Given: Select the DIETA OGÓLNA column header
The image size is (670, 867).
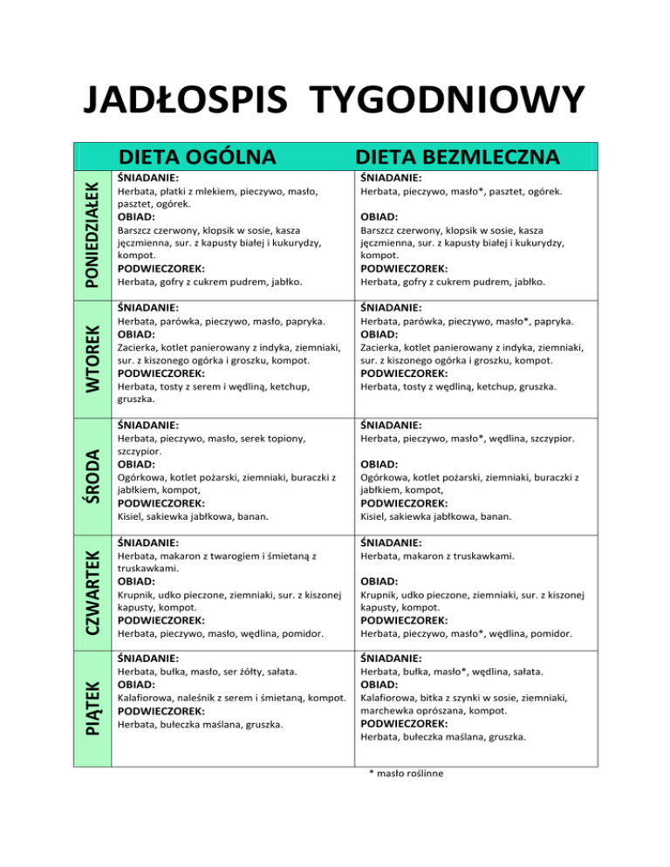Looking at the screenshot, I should pos(197,157).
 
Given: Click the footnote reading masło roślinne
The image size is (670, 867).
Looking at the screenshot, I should pos(409,770).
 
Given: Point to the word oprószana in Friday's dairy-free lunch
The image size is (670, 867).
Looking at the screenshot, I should pos(450,711).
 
